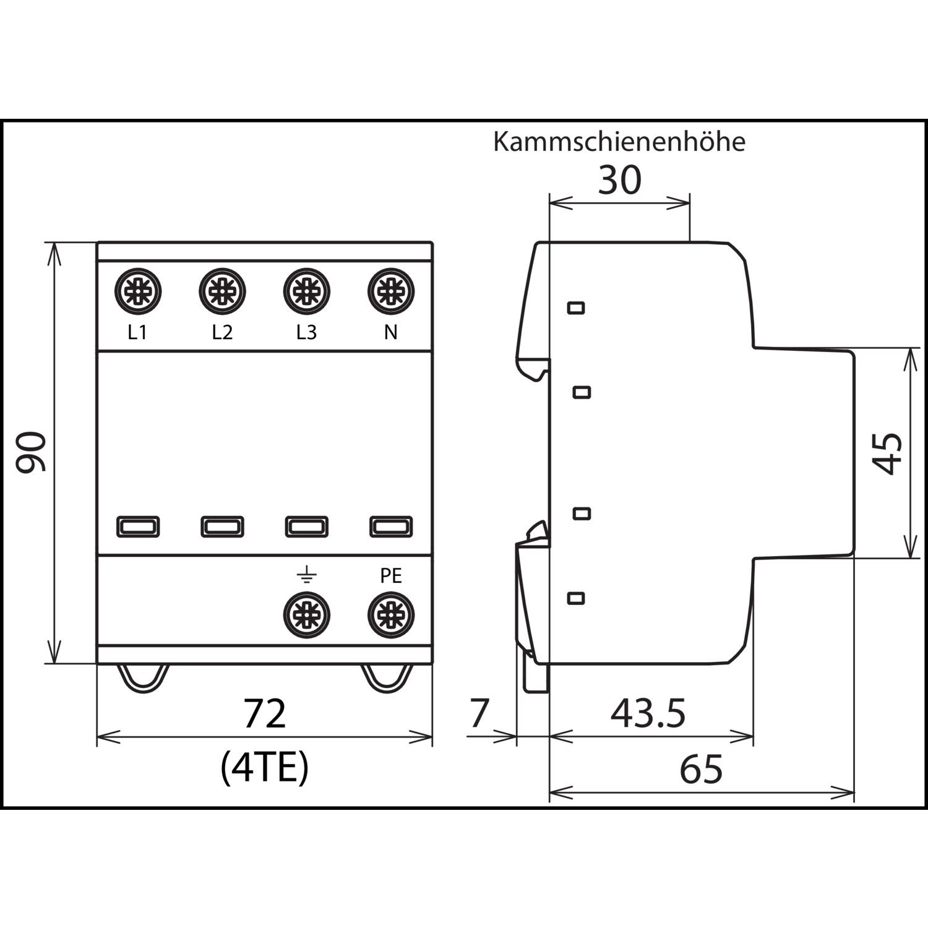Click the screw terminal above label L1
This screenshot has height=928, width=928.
tap(138, 291)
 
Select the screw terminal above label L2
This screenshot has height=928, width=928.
tap(222, 291)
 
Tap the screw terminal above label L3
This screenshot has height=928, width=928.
tap(306, 291)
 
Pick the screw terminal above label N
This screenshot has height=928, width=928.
tap(390, 291)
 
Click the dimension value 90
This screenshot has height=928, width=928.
tap(31, 453)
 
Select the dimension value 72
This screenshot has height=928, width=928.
tap(264, 713)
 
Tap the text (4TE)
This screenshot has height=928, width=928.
tap(264, 768)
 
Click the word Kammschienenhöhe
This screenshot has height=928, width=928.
tap(619, 142)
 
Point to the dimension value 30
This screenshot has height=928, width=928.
tap(619, 181)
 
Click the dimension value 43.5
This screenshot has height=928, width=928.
tap(648, 713)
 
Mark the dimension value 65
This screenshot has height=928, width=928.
tap(701, 770)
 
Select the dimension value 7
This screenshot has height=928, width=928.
tap(479, 713)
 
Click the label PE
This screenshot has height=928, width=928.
tap(390, 576)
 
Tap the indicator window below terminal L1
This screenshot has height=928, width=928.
tap(138, 526)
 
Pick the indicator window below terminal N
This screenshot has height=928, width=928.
tap(390, 526)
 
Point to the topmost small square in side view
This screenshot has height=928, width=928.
tap(576, 307)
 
